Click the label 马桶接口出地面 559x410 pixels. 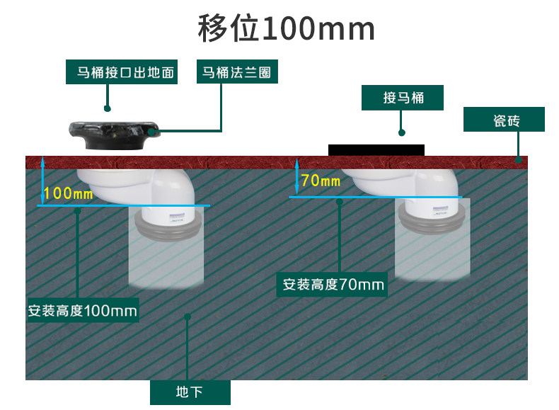(121, 72)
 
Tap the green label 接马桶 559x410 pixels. (403, 98)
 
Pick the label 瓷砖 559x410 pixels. (505, 120)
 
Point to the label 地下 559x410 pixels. (190, 392)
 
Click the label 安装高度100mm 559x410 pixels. (83, 310)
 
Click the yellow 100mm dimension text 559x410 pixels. (68, 193)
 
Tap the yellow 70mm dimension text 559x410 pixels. (320, 181)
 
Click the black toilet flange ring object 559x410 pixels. (113, 135)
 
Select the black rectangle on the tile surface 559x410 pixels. (376, 149)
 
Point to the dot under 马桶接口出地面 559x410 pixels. (107, 109)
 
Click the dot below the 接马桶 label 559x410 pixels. (402, 132)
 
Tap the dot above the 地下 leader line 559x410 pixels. (188, 317)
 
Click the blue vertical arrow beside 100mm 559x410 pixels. (42, 180)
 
